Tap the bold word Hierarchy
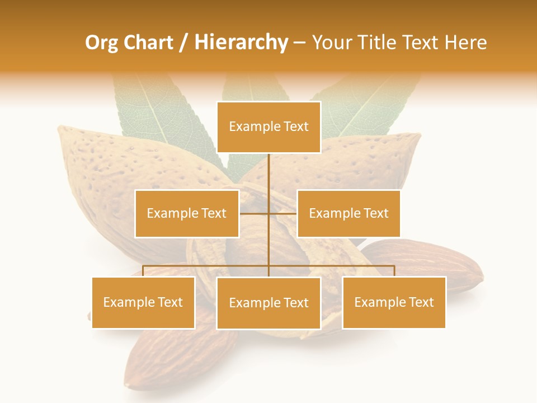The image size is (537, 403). [x=241, y=43]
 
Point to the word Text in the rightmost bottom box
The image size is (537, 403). [x=421, y=302]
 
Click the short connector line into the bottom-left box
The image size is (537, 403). [x=143, y=271]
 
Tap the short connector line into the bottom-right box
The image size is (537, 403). [x=394, y=271]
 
